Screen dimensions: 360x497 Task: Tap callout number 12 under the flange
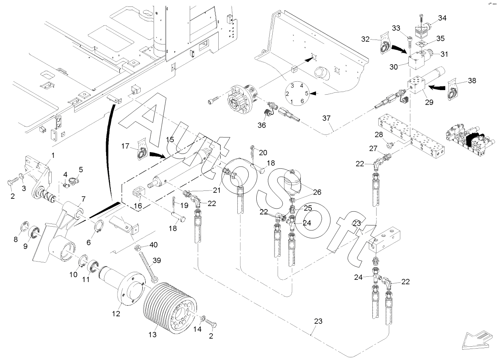point(116,314)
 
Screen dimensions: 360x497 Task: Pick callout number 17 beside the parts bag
point(125,146)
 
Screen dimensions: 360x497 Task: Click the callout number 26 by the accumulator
point(317,193)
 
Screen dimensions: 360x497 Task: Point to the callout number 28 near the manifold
point(378,136)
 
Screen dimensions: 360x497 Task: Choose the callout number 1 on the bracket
point(53,155)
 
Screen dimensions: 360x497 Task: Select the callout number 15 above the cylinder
point(170,140)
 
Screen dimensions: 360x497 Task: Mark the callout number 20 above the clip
point(263,152)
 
